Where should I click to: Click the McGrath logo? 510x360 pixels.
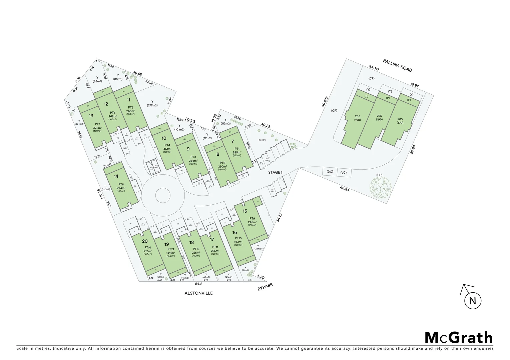[459, 338]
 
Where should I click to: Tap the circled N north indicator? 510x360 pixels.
[472, 301]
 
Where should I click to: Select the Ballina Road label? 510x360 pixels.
[397, 65]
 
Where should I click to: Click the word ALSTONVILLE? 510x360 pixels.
[198, 293]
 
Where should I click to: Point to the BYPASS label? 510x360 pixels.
[265, 287]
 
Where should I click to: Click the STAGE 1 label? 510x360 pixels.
[275, 172]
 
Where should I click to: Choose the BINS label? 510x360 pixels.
[262, 140]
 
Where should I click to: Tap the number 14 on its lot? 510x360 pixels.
[116, 176]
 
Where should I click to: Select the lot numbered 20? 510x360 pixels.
[145, 241]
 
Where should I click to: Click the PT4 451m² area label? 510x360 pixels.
[167, 147]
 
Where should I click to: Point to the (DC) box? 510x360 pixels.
[330, 172]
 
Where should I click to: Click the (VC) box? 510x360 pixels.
[344, 172]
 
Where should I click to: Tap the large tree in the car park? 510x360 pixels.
[379, 189]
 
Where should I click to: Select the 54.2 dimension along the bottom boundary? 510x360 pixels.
[198, 284]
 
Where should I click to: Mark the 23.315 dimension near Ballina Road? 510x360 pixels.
[374, 68]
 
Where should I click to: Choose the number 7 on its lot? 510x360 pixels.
[232, 141]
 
